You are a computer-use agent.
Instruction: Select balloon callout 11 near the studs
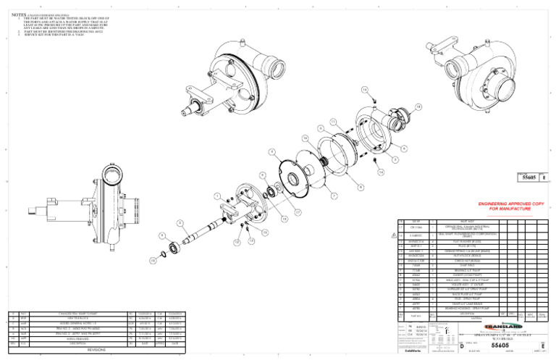pyautogui.click(x=332, y=121)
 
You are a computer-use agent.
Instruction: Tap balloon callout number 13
pyautogui.click(x=250, y=240)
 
